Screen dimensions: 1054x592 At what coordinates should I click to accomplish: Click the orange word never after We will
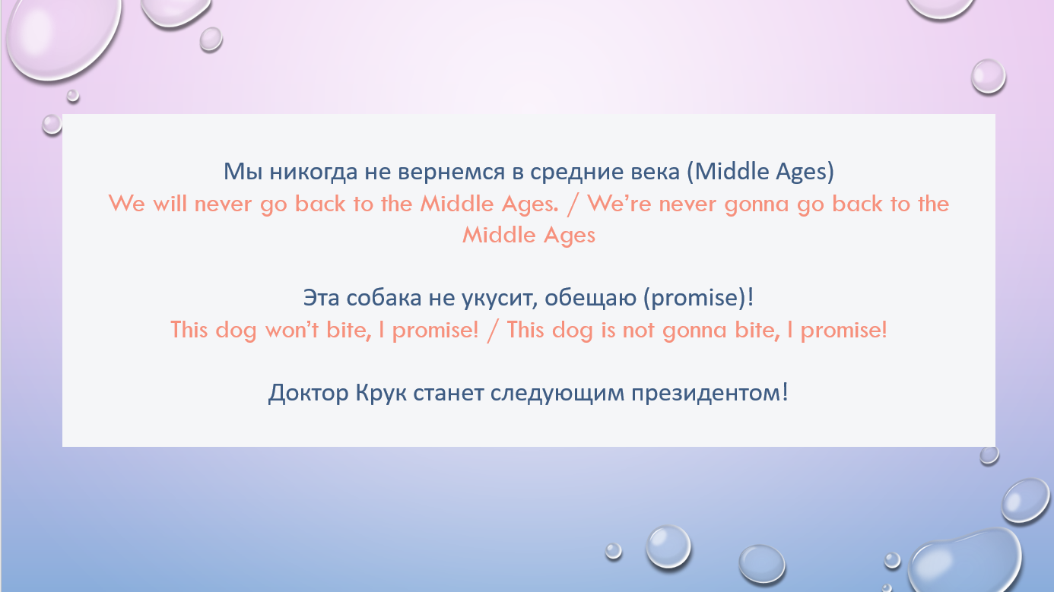tap(223, 204)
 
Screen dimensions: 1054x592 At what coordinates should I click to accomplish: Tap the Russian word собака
tap(383, 298)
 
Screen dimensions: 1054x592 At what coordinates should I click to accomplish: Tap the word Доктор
tap(308, 393)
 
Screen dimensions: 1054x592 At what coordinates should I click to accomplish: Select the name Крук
tap(381, 393)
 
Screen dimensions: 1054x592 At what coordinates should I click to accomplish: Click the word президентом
tap(706, 393)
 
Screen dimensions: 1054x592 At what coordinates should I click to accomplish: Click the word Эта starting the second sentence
tap(322, 298)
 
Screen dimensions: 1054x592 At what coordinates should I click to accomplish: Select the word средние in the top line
tap(577, 173)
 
